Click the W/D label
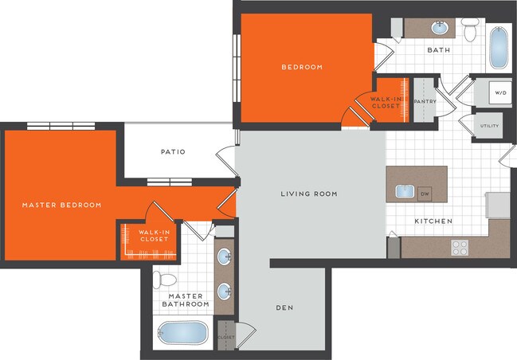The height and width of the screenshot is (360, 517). [x=500, y=93]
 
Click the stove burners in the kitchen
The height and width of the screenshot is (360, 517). [x=460, y=248]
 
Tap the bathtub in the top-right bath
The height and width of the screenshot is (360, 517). [x=498, y=49]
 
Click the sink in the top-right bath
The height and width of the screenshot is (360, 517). [x=439, y=28]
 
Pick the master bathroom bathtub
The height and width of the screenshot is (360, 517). [x=182, y=334]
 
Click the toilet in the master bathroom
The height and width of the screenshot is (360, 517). [x=165, y=280]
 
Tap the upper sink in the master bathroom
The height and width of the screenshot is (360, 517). [x=225, y=256]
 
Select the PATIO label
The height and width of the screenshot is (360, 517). [x=173, y=151]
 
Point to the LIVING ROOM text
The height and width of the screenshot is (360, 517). [x=309, y=194]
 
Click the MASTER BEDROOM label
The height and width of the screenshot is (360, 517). [x=61, y=205]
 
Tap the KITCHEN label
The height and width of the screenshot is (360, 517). [x=433, y=221]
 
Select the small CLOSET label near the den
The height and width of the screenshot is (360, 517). [x=225, y=336]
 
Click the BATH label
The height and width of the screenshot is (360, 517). [x=438, y=50]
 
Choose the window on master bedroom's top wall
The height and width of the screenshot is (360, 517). [x=61, y=125]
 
